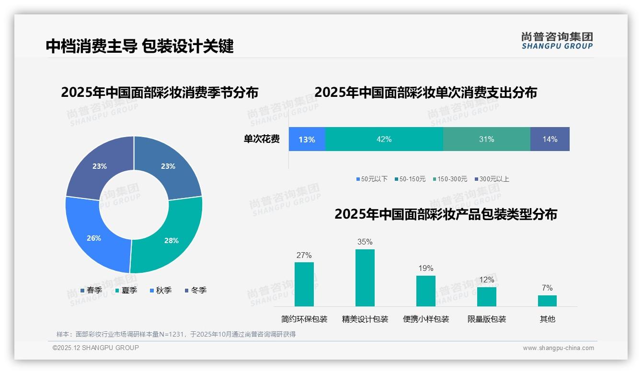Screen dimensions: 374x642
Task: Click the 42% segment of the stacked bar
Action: pos(384,139)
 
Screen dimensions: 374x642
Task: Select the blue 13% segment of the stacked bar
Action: pos(307,139)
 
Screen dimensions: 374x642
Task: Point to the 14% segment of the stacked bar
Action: pos(550,139)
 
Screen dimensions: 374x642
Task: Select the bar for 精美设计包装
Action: pos(365,278)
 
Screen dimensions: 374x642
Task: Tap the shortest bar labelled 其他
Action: pos(547,301)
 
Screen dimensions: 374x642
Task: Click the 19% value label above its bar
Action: pos(425,268)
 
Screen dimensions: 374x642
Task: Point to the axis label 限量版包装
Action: pos(487,319)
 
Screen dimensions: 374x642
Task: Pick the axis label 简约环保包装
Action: pos(304,319)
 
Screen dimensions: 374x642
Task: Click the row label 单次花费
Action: pos(262,139)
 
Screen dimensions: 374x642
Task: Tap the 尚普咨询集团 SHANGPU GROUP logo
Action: pos(557,41)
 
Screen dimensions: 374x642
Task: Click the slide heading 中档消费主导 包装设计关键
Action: pos(139,46)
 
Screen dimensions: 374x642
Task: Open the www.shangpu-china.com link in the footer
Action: pos(558,348)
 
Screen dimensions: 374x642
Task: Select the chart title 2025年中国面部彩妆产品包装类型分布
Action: pos(446,214)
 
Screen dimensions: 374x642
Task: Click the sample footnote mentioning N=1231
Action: pos(176,334)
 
